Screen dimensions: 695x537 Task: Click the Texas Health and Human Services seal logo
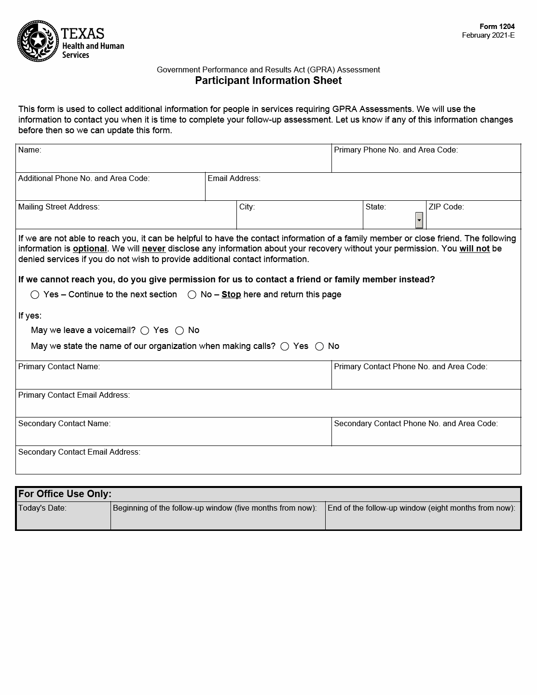tap(38, 41)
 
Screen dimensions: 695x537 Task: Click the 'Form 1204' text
tap(497, 27)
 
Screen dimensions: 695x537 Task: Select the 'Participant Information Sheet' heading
tap(268, 81)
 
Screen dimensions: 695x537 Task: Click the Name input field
tap(174, 162)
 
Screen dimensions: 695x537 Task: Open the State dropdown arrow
tap(419, 220)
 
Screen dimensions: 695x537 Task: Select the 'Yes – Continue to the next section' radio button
tap(35, 295)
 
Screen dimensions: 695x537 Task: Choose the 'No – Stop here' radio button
tap(192, 295)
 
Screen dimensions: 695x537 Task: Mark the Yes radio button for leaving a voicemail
tap(145, 331)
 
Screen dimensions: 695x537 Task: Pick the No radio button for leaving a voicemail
tap(179, 331)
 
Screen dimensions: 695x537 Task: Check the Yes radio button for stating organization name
tap(285, 347)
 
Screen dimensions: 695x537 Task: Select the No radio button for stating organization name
tap(319, 347)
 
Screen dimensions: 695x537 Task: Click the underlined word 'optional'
tap(90, 249)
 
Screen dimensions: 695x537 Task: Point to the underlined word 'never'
tap(153, 249)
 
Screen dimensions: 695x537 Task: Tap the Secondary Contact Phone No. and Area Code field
tap(426, 436)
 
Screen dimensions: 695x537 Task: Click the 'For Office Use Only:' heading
tap(65, 494)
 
